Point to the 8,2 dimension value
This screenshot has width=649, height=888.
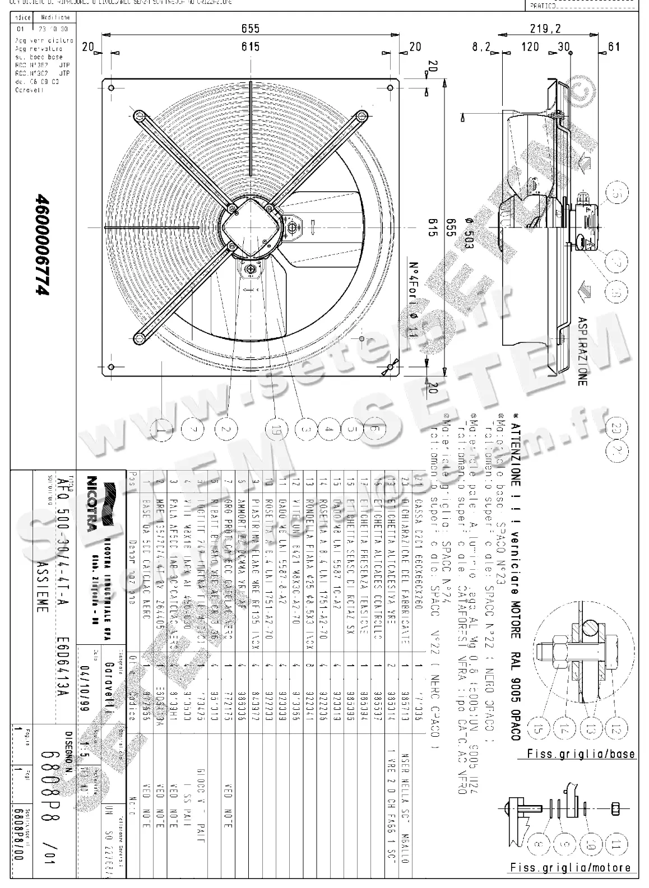point(481,47)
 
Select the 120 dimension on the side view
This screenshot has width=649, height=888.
point(530,47)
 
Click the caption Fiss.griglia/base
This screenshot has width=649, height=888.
point(581,754)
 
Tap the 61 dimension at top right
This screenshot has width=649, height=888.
point(614,47)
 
